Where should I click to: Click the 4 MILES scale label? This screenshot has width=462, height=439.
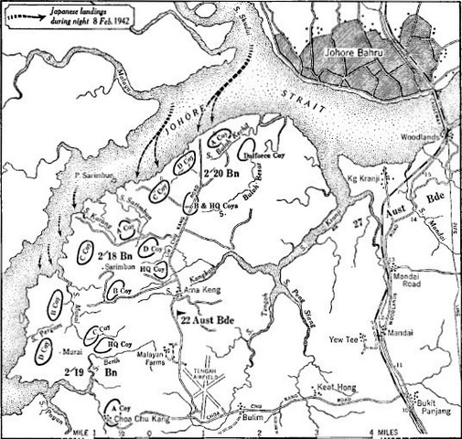pos(378,431)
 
